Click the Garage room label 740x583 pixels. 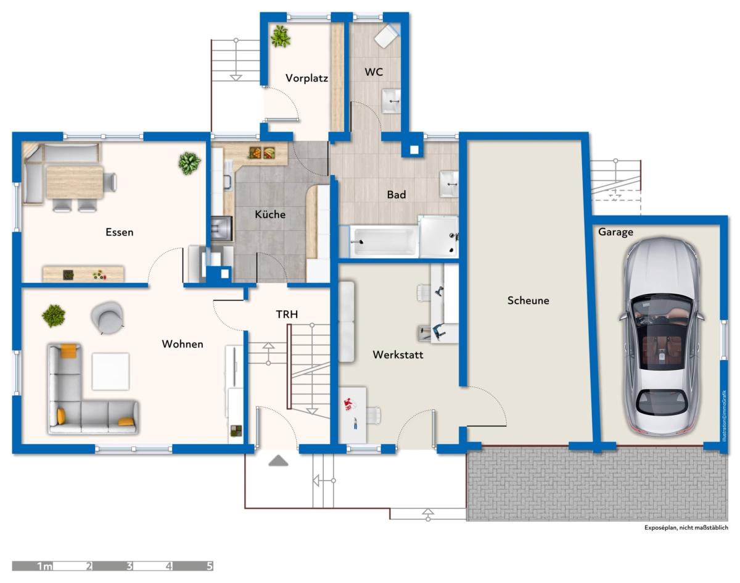pos(615,232)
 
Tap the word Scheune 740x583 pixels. pos(528,300)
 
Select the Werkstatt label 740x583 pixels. pos(398,354)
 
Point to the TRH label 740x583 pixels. pos(287,314)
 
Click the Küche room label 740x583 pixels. pos(270,214)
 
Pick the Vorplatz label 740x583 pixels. pos(306,78)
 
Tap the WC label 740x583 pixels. pos(374,72)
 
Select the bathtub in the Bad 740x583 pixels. pos(384,241)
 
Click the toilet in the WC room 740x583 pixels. pos(387,35)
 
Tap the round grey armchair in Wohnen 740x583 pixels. pos(108,317)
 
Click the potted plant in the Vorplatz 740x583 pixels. pos(281,36)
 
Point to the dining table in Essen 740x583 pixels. pos(75,182)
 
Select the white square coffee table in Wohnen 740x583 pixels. pos(110,371)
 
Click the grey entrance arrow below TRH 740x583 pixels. pos(278,460)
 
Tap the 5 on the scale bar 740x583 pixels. pos(210,566)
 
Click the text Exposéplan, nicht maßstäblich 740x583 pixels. pos(686,527)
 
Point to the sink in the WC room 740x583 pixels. pos(392,101)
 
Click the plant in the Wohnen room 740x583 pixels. pos(53,316)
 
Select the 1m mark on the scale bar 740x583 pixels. pos(44,566)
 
